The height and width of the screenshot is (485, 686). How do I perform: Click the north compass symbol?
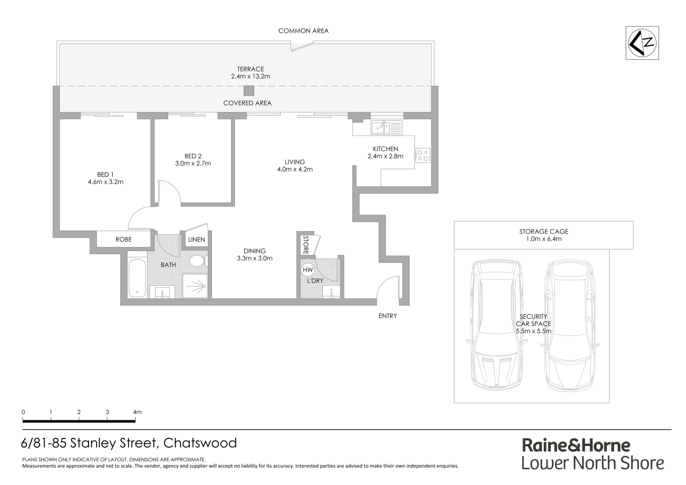[642, 43]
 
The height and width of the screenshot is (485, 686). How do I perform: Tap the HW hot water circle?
[308, 270]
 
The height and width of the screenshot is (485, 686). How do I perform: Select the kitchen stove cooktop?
[422, 155]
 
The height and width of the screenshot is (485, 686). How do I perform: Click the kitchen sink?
[380, 128]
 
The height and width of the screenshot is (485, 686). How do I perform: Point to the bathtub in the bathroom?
[137, 278]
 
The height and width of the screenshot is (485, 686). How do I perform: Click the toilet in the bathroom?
[198, 260]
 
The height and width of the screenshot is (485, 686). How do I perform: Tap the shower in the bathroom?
[195, 286]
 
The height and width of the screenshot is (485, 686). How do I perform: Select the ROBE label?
[123, 239]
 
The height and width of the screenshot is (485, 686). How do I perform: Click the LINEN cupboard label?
[196, 239]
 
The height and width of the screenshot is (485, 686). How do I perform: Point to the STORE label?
[306, 245]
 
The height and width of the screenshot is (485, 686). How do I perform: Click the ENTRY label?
[387, 316]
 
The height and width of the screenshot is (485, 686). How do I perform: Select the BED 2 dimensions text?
[193, 163]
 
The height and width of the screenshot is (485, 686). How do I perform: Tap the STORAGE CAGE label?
[543, 232]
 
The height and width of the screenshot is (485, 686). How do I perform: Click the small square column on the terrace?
[249, 91]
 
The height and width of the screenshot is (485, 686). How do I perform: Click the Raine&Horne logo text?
[576, 445]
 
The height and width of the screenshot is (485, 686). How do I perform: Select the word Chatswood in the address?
[200, 443]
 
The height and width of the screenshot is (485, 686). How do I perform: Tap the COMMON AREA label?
[303, 31]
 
